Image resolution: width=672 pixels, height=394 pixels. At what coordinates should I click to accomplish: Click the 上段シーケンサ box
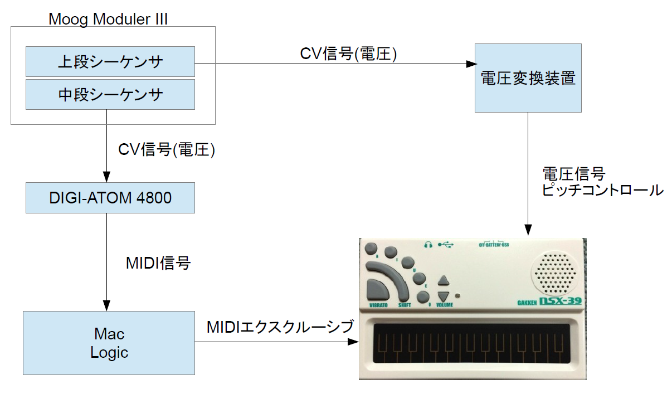110,61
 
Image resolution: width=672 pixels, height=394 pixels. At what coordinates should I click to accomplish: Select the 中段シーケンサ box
110,94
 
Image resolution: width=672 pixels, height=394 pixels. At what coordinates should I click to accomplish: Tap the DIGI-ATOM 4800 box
110,198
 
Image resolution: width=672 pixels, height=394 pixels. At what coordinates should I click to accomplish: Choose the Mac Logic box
109,343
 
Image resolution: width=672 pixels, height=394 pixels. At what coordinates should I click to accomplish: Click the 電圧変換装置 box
528,79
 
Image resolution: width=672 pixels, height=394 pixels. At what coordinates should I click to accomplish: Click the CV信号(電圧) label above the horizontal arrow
348,53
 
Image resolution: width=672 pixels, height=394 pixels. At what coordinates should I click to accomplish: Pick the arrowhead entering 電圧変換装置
470,64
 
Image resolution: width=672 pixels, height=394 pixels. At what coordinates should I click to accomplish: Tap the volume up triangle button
444,280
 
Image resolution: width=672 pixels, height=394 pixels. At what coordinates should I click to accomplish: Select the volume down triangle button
444,296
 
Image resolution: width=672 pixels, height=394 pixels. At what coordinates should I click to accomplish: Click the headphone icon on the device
428,244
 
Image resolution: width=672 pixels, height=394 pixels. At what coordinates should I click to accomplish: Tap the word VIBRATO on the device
379,305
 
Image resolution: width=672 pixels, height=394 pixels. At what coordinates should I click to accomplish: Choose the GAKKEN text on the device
528,303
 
